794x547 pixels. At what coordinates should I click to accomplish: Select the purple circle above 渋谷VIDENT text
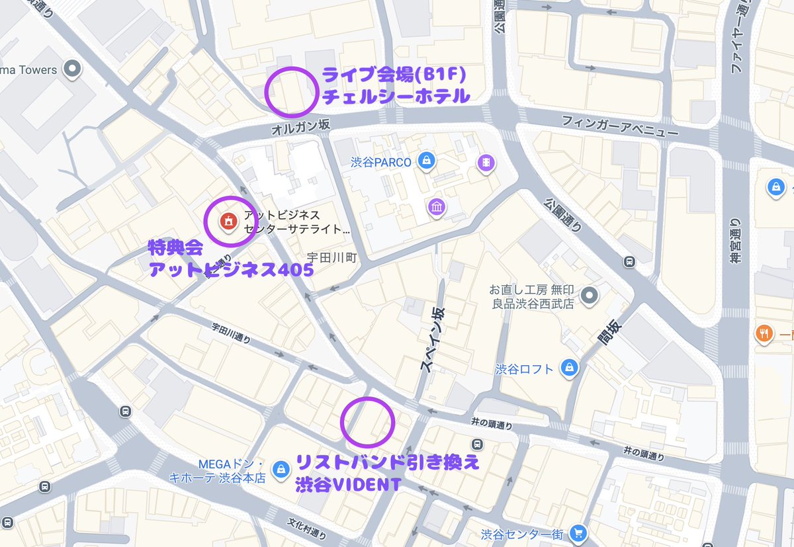368,421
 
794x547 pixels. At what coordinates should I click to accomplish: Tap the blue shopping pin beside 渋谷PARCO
426,161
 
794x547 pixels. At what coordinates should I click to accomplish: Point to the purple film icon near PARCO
487,161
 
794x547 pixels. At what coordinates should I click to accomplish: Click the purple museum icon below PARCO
436,207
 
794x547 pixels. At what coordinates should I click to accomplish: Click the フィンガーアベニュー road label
620,126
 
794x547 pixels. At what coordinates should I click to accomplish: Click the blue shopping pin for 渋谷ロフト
568,368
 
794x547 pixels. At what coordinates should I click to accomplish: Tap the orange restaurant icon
764,334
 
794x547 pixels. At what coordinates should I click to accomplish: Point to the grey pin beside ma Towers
72,69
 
